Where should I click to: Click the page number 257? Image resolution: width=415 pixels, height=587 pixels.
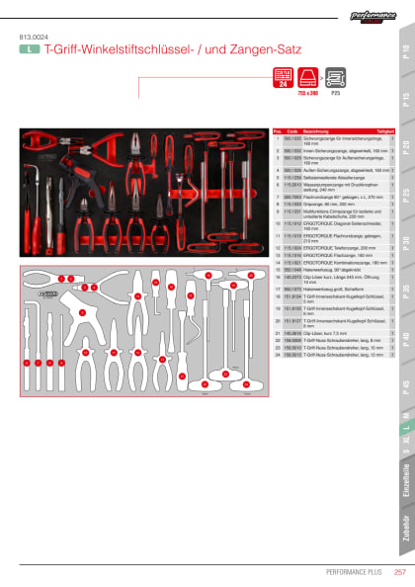tap(400, 571)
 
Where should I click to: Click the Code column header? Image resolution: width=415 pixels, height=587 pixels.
tap(291, 130)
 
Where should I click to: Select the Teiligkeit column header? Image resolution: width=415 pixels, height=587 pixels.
tap(385, 130)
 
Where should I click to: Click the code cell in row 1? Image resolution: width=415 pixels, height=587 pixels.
tap(291, 138)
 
